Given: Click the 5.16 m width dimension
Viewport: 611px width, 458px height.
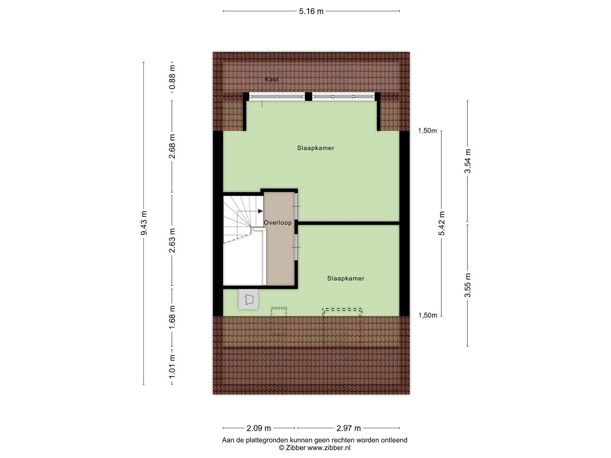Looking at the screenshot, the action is click(x=311, y=11).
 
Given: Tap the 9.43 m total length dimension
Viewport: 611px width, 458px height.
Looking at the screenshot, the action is click(x=144, y=223).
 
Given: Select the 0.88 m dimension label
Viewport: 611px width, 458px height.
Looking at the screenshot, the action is click(x=172, y=77).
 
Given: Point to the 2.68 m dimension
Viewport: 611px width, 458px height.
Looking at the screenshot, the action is click(x=172, y=147).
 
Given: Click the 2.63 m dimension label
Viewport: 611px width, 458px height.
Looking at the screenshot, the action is click(x=172, y=241).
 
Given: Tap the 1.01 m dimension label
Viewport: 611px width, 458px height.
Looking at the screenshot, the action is click(x=172, y=367).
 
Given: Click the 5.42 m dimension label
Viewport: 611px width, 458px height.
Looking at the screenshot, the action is click(x=441, y=223).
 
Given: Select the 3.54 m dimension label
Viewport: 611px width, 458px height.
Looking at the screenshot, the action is click(x=467, y=161).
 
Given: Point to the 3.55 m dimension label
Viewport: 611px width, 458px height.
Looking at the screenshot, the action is click(x=467, y=285).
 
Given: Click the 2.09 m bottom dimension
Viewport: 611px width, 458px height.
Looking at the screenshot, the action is click(x=259, y=428).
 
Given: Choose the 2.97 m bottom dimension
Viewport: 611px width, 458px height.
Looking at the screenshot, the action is click(x=348, y=428).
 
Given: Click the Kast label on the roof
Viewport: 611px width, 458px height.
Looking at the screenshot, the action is click(x=272, y=80).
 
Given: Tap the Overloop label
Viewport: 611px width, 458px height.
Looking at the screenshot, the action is click(x=278, y=222).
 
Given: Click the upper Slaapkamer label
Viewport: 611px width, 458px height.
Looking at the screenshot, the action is click(x=316, y=148).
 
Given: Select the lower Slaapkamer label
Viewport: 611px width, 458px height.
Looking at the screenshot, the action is click(x=346, y=278).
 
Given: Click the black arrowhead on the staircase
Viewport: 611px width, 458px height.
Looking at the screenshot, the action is click(x=261, y=211).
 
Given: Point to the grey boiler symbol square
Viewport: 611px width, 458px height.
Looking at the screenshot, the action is click(x=248, y=299).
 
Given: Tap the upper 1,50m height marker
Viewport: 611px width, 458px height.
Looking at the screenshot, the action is click(x=427, y=131).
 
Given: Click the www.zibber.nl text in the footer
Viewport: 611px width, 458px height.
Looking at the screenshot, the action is click(x=329, y=448).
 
